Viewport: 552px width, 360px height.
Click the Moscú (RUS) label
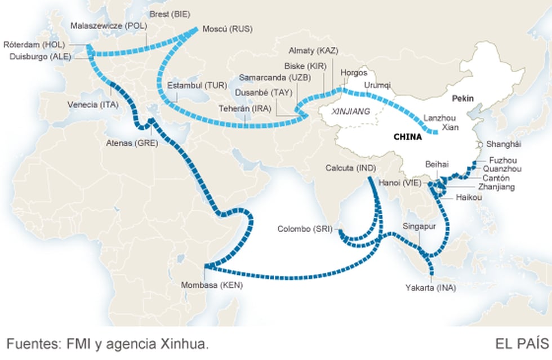coord(226,29)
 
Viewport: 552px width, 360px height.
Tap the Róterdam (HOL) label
coord(34,45)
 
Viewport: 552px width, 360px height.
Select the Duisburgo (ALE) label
coord(38,56)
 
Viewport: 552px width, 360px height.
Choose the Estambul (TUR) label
coord(197,86)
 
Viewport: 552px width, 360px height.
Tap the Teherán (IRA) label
coord(245,108)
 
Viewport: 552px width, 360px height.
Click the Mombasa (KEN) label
coord(212,285)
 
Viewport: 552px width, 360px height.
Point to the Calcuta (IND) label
coord(350,168)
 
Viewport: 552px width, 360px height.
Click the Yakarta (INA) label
coord(430,288)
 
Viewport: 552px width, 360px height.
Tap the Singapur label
coord(419,226)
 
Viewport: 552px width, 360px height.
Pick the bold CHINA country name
coord(408,136)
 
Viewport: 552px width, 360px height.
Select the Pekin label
coord(462,99)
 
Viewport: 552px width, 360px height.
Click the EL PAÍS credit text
coord(522,344)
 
